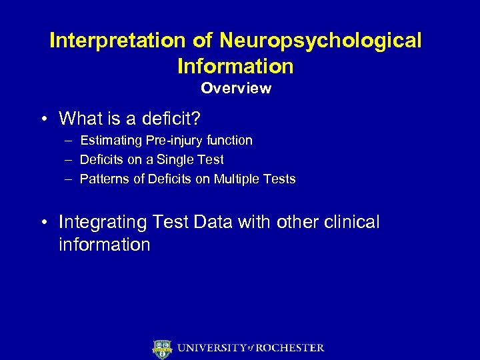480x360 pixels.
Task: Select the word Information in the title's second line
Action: pos(235,66)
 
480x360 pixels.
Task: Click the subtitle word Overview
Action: pos(236,88)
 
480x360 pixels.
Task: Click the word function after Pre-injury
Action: pos(229,141)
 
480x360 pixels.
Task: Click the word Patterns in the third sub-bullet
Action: pos(103,179)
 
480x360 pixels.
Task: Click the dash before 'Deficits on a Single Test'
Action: pos(69,160)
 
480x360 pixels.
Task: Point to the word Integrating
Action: pos(102,222)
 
